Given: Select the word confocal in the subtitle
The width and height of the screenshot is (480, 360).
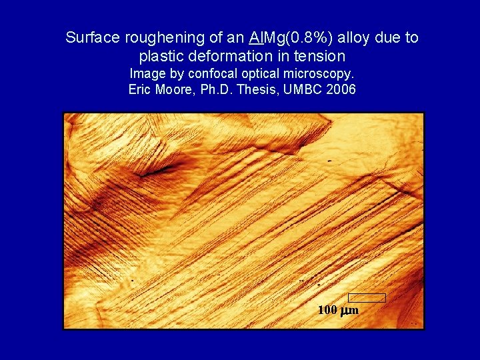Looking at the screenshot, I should (x=213, y=73).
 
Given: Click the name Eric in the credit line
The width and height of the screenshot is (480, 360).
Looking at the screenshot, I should (x=140, y=89).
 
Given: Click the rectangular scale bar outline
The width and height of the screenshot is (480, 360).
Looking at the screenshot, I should (x=367, y=297).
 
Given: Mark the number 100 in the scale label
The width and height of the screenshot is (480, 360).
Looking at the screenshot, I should (x=327, y=310).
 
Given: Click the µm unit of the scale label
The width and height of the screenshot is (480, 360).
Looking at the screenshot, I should (x=349, y=311).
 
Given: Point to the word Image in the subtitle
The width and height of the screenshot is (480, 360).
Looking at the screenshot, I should (x=145, y=73).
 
